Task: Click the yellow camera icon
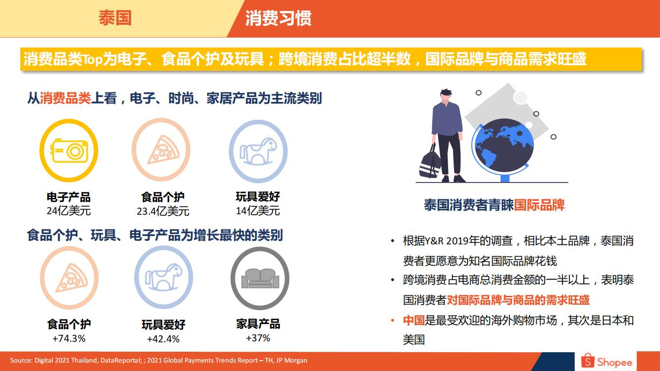(x=69, y=151)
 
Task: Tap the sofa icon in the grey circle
(x=260, y=278)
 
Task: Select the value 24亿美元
(x=69, y=211)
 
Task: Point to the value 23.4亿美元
(x=163, y=211)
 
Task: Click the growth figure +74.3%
(x=69, y=338)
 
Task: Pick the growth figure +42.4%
(x=163, y=339)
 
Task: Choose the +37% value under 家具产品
(x=258, y=338)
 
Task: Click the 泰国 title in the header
(x=115, y=18)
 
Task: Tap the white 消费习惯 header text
(x=278, y=18)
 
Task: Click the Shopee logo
(x=607, y=361)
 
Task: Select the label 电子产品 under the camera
(x=69, y=197)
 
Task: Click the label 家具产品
(x=258, y=324)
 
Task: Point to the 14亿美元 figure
(x=258, y=211)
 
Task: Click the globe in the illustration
(x=504, y=146)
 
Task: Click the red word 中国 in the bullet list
(x=414, y=321)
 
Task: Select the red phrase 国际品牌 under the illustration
(x=539, y=205)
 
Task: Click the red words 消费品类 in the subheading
(x=65, y=98)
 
